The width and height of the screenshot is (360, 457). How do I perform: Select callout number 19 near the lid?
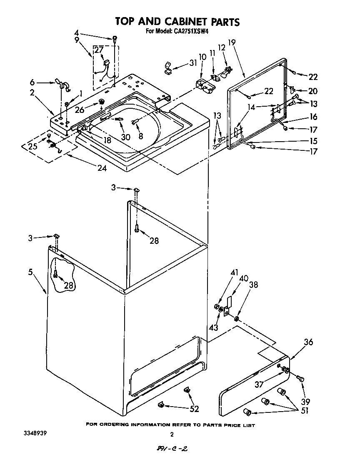coord(232,42)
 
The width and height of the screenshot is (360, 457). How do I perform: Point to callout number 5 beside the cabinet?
coord(30,272)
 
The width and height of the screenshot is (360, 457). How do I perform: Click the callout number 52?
coord(194,409)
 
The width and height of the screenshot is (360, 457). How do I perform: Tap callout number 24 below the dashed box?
coord(102,168)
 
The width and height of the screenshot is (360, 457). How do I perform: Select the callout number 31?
coord(192,63)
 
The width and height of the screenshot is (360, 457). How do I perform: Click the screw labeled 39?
coord(300,378)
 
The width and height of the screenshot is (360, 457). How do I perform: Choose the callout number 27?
coord(98,50)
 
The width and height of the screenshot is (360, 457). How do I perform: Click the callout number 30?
coord(125,137)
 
